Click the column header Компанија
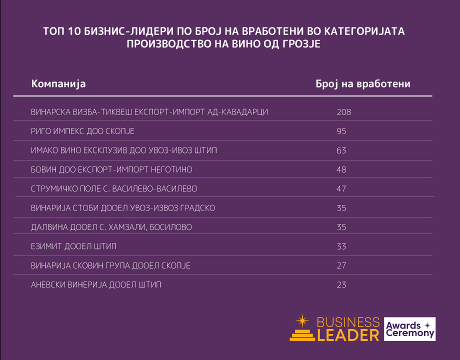pos(58,83)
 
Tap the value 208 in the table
pos(344,112)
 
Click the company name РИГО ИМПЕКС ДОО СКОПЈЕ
pos(82,131)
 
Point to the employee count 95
pos(341,131)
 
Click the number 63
pos(341,150)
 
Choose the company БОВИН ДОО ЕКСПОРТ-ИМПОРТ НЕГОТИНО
pos(111,170)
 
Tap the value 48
pos(341,170)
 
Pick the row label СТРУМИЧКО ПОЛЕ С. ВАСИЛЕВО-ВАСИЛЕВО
pos(114,189)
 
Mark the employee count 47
pos(341,189)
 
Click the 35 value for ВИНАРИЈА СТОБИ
pos(341,208)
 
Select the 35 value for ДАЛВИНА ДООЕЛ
pos(341,227)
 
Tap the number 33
pos(341,246)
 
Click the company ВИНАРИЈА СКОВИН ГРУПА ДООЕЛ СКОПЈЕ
pos(110,265)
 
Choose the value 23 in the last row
pos(341,285)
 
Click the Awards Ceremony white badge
pos(409,329)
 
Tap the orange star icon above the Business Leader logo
pos(302,320)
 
